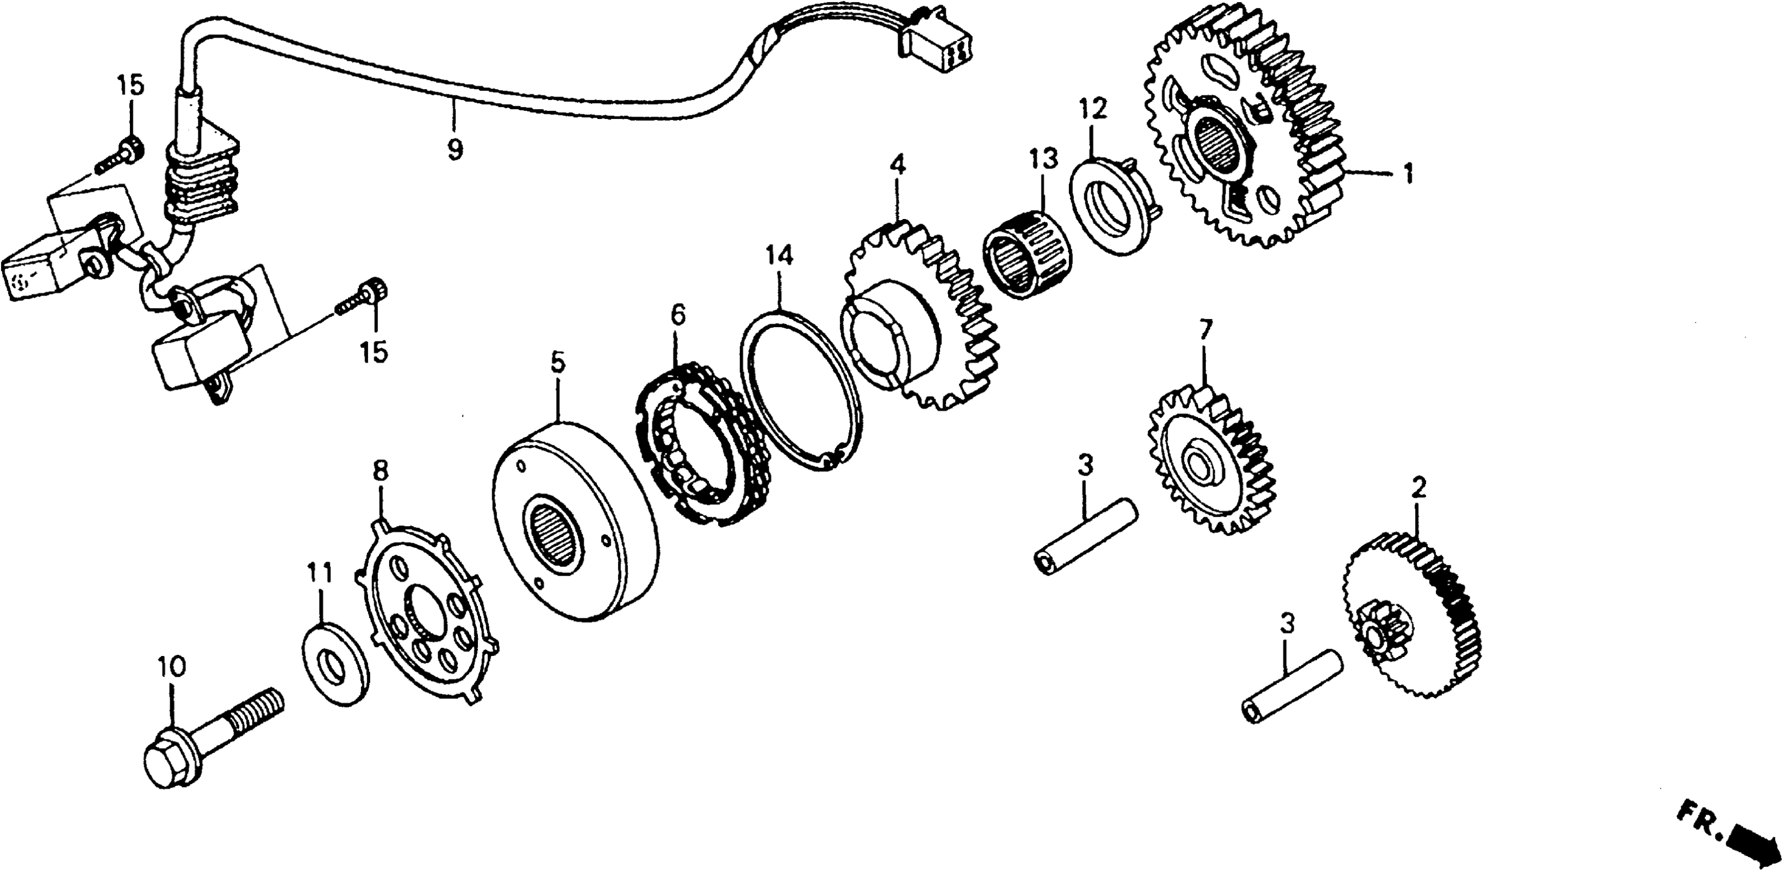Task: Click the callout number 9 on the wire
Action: [454, 149]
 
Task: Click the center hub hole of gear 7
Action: [1199, 463]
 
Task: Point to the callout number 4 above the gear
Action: [897, 165]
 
